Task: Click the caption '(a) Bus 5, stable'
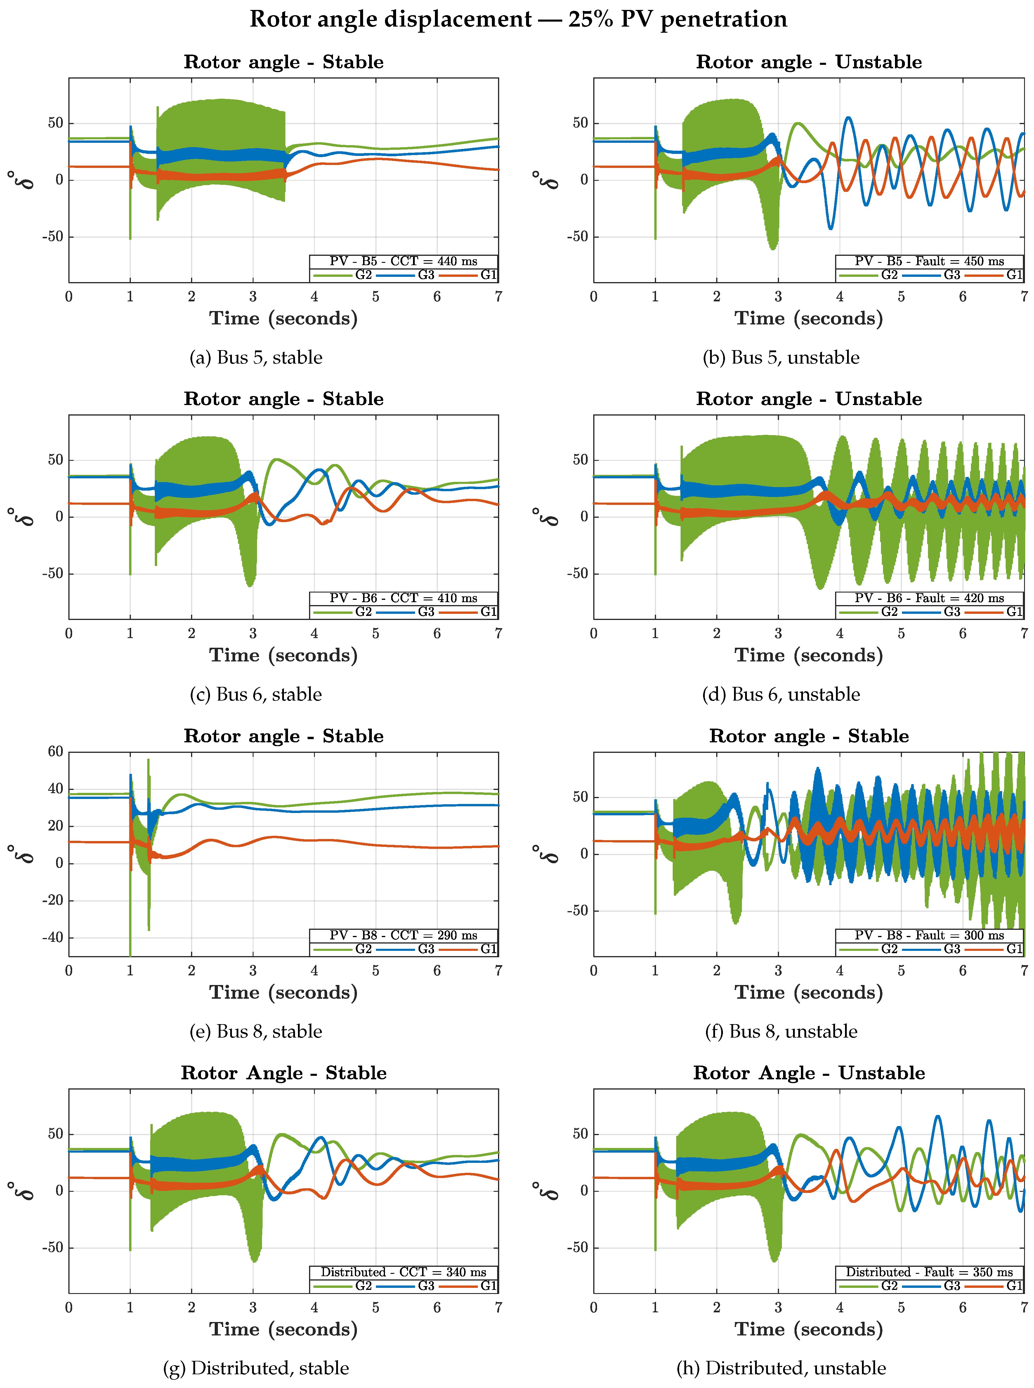[256, 357]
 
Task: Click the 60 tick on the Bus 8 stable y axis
[56, 752]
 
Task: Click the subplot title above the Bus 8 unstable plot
[809, 736]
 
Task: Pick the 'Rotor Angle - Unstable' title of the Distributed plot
[809, 1073]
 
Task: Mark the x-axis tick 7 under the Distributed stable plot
[498, 1307]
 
